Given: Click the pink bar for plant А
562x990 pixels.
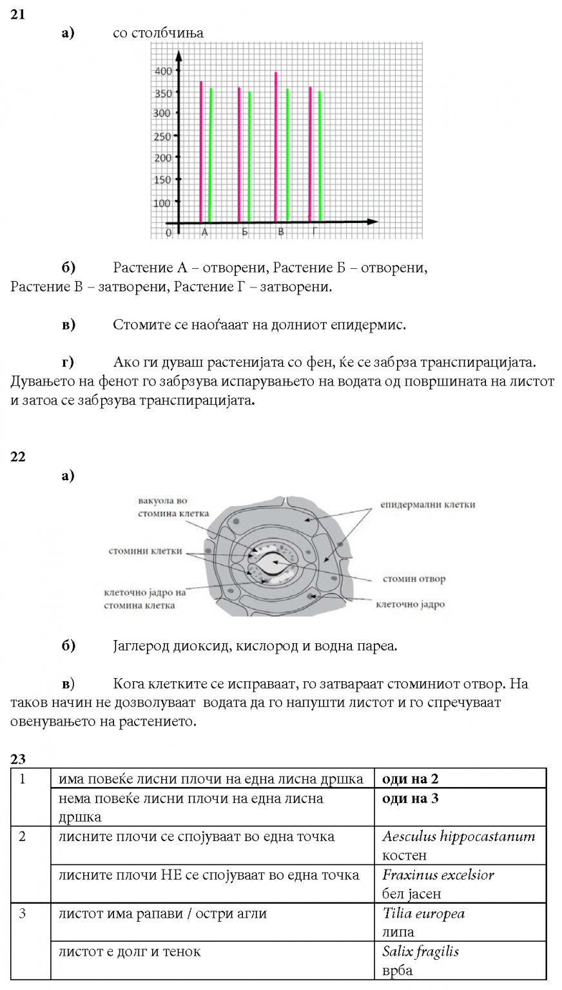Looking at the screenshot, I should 201,151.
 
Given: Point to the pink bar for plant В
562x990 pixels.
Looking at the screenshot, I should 276,146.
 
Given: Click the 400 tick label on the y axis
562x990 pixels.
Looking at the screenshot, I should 163,71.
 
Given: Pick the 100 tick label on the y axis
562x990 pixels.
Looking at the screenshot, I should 163,202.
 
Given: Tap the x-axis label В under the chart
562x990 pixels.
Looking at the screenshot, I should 280,232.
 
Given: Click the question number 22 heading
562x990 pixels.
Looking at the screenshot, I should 18,457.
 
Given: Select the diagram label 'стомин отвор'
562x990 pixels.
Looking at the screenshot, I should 414,579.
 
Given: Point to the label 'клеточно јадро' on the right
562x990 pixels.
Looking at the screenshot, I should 410,605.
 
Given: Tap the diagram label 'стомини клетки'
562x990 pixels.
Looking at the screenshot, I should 145,551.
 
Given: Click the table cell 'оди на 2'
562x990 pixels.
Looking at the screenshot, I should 411,779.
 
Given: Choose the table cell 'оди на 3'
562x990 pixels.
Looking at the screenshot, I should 411,799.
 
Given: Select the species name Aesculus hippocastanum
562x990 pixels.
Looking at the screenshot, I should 458,837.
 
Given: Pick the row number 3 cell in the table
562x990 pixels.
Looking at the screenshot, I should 23,914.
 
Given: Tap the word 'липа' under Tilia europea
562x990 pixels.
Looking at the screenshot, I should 398,932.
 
